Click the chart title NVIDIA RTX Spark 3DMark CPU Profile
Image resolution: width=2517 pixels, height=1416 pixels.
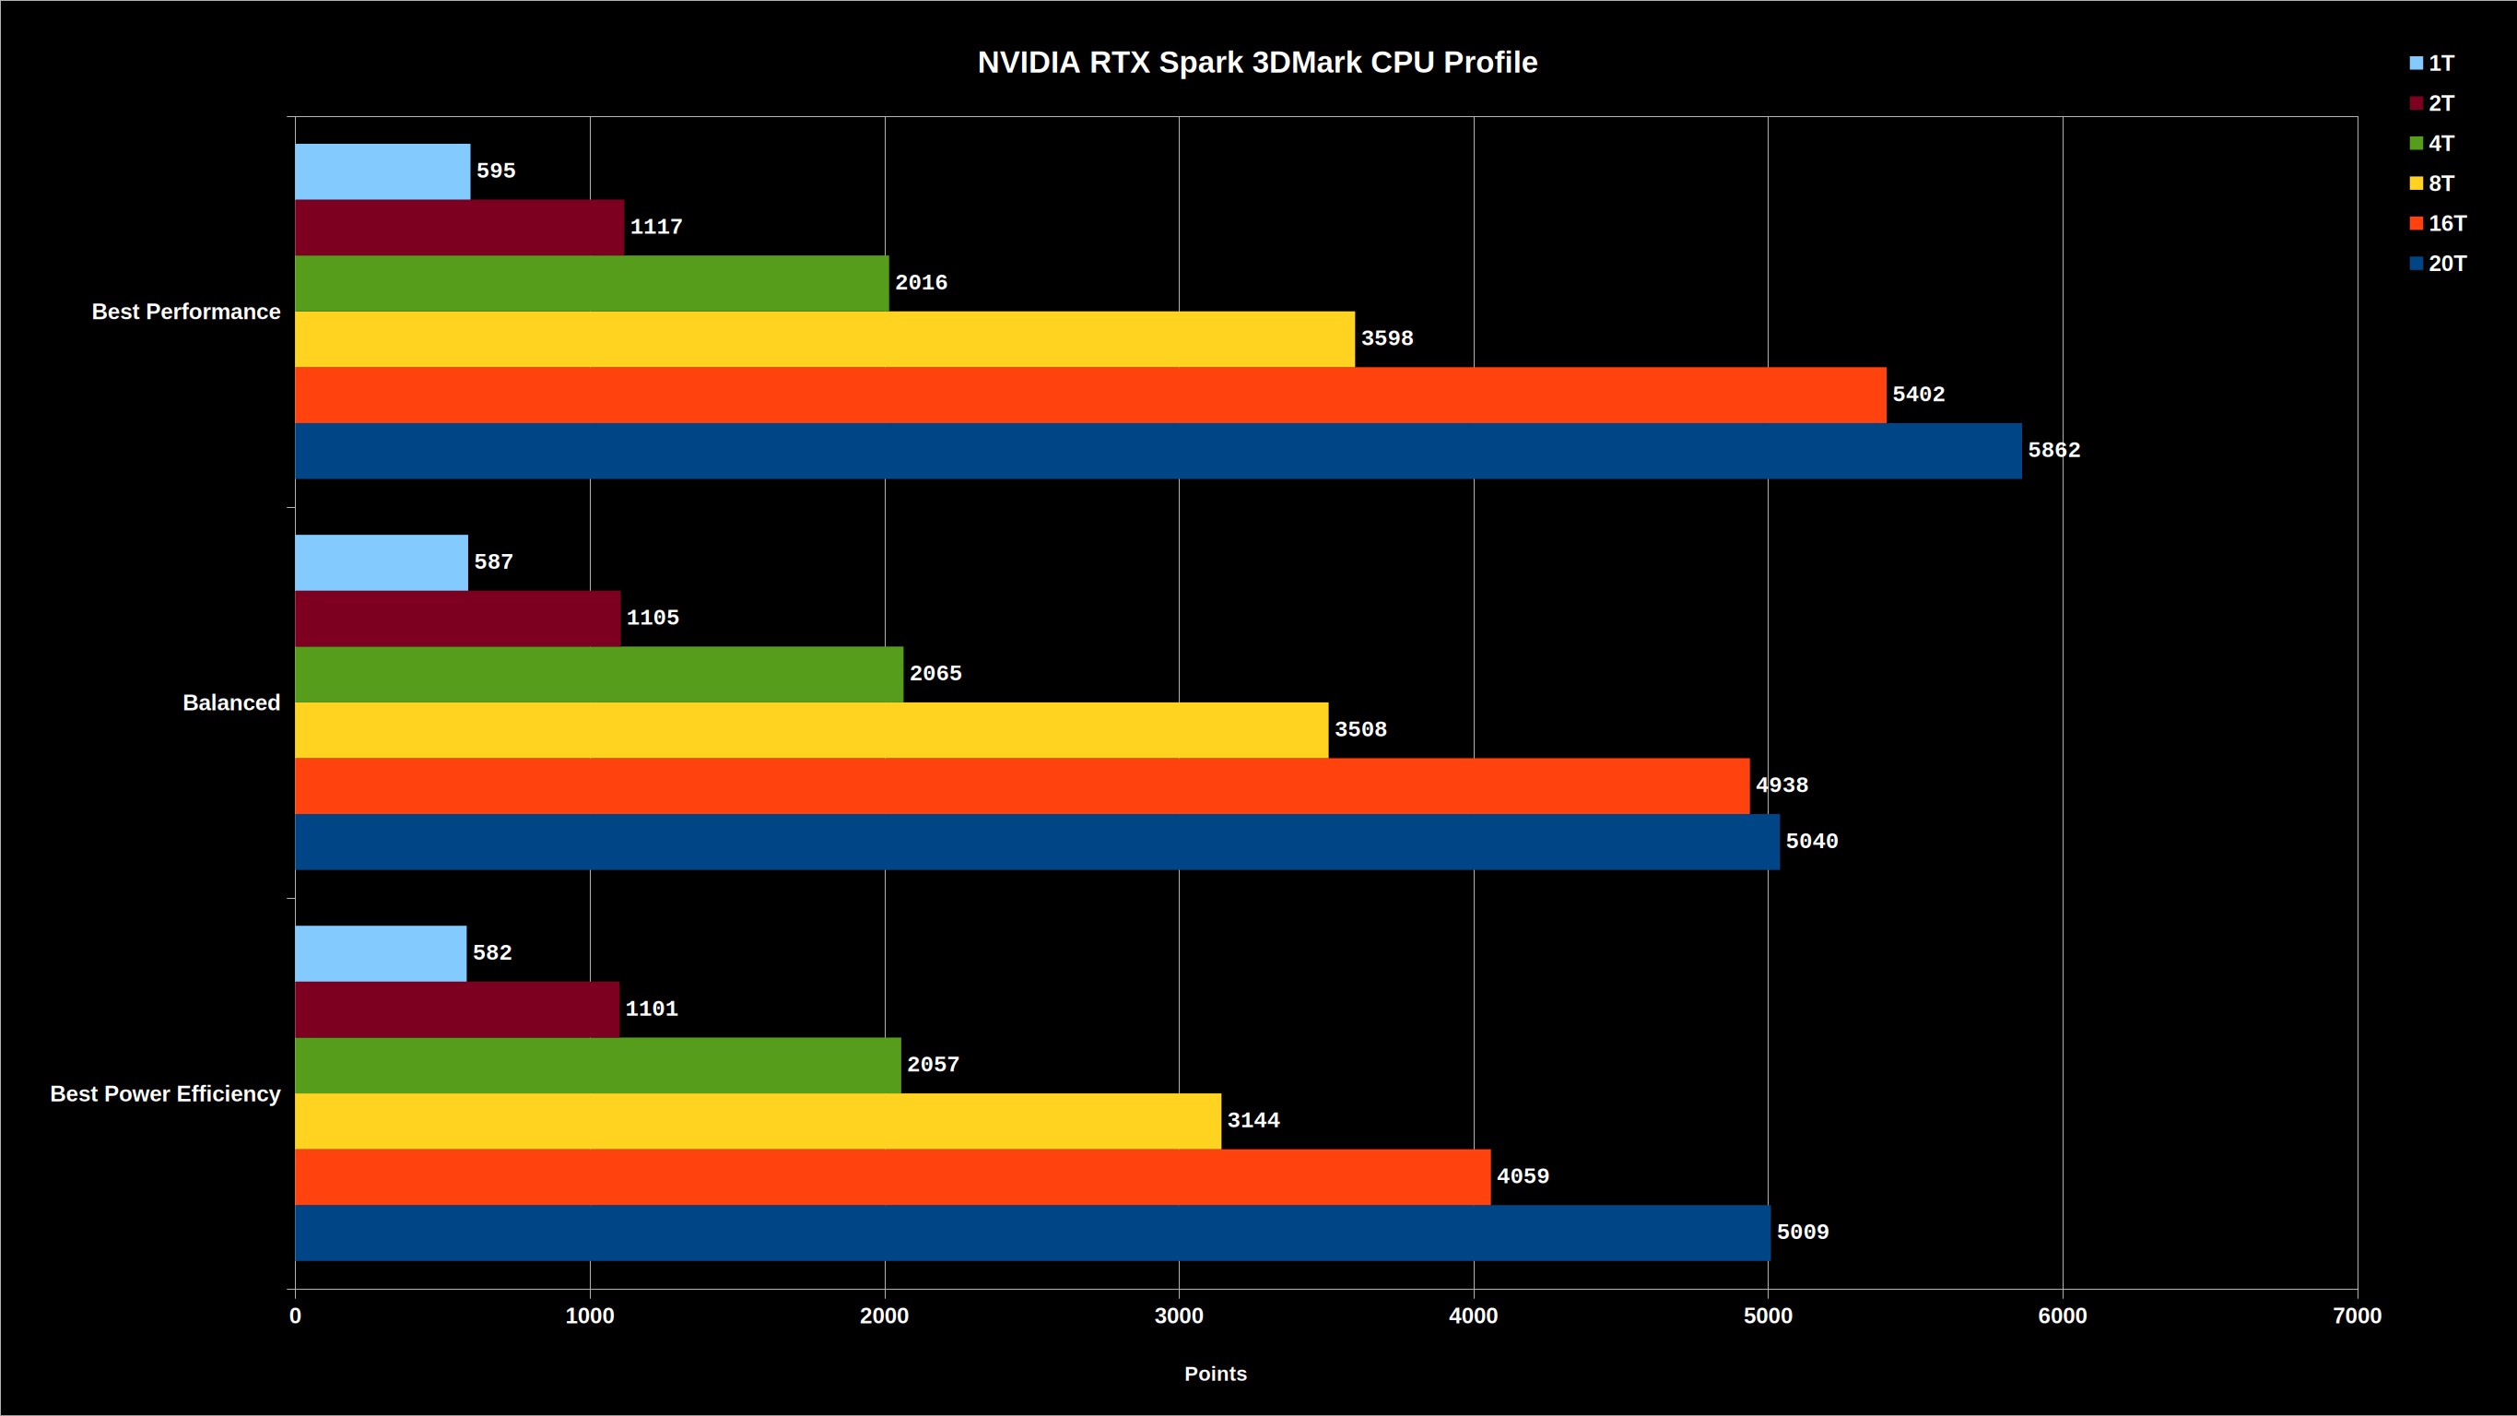1257,63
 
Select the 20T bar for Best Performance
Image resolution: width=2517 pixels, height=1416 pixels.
1158,451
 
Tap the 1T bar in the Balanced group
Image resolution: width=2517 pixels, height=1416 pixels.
381,562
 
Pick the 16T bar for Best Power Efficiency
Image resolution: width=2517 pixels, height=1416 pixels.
893,1176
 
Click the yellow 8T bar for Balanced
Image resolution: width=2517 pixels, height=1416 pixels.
812,730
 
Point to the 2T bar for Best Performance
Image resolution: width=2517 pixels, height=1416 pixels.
459,228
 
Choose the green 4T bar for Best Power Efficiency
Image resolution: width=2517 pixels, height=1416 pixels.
598,1065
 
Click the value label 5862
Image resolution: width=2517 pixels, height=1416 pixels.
2053,451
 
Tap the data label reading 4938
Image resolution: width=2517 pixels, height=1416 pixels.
1782,785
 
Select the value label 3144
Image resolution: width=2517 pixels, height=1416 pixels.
1253,1121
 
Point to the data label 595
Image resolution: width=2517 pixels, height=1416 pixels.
496,171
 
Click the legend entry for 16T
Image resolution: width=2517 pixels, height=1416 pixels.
2438,224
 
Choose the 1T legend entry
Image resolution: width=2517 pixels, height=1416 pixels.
2432,64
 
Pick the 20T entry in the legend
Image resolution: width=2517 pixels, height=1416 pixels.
2438,264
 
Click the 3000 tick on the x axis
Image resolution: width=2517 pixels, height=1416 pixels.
1180,1316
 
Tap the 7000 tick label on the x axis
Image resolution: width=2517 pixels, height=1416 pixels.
2358,1316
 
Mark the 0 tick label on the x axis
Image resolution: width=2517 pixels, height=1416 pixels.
295,1316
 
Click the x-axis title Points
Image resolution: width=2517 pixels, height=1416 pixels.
1216,1374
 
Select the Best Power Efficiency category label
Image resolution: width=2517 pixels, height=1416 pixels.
165,1093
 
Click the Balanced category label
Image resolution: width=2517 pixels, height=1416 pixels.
231,702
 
